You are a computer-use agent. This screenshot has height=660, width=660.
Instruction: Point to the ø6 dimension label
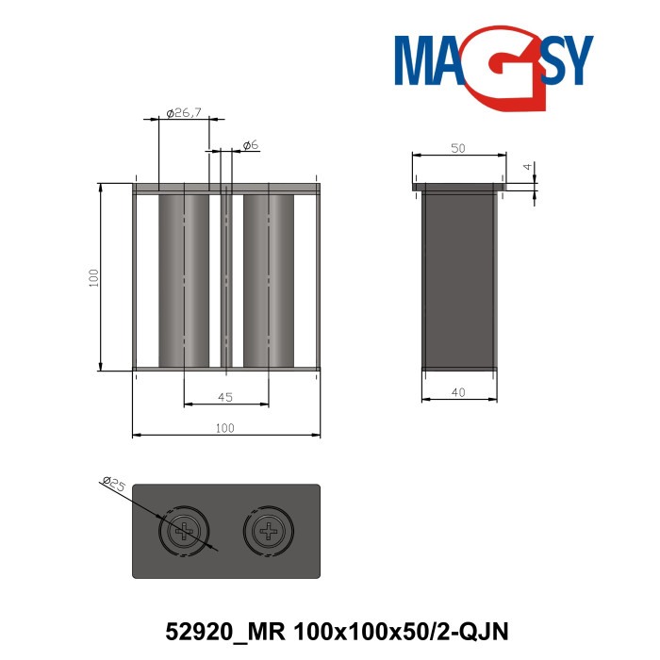pos(250,144)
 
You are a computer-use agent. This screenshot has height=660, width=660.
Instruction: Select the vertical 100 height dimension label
pos(93,277)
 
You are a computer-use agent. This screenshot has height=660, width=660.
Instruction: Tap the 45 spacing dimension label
pos(225,397)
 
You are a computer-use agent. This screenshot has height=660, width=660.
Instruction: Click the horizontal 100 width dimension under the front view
pos(224,428)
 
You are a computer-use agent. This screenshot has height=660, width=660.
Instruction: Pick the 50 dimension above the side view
pos(458,148)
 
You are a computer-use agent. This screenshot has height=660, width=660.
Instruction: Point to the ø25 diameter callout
pos(114,486)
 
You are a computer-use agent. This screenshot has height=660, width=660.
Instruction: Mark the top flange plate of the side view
pos(459,187)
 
